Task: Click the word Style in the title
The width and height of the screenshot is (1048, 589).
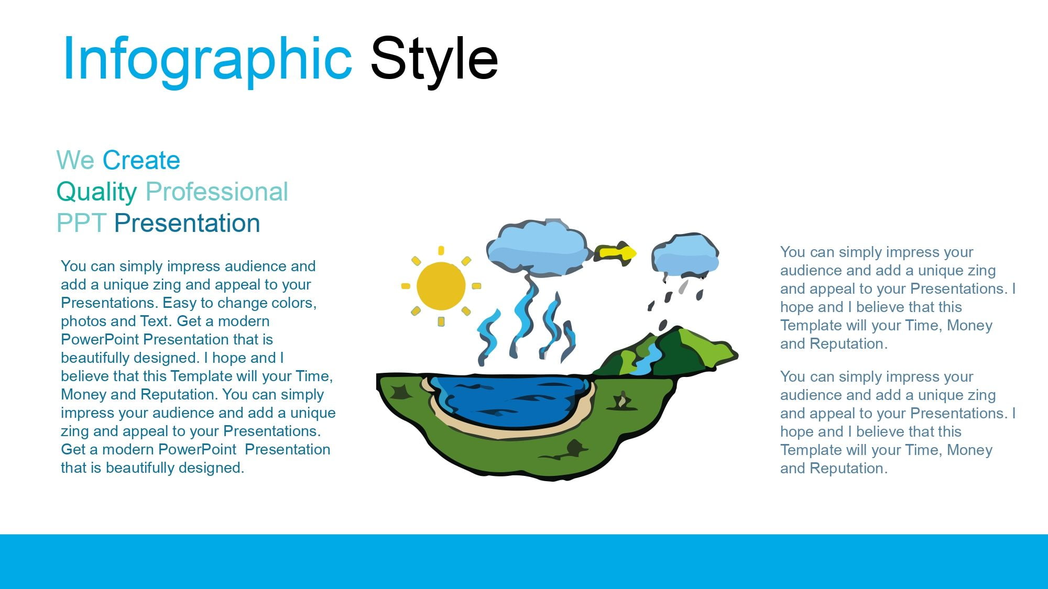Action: pos(434,59)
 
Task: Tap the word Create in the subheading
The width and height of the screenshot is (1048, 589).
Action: pos(141,160)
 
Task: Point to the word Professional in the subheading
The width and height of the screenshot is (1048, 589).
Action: pos(217,192)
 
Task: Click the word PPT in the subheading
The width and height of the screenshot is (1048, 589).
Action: pos(82,223)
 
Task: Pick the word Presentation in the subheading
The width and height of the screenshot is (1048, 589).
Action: pos(187,223)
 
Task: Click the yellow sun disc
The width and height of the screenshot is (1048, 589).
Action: pos(441,286)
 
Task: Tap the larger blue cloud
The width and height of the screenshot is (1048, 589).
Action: pos(538,248)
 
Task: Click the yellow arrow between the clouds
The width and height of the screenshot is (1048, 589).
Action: pos(615,253)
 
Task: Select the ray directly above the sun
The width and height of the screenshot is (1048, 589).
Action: pos(441,251)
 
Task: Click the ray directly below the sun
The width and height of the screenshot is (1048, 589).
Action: pos(441,321)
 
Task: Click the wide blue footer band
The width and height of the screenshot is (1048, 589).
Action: pos(524,561)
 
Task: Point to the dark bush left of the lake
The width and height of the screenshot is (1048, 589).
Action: pos(401,392)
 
